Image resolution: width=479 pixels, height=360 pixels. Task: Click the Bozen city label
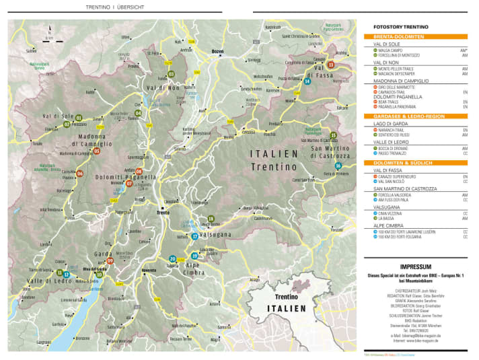coord(217,51)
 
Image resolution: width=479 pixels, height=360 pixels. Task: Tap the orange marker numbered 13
coord(330,65)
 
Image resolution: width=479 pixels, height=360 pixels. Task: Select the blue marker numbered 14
coord(307,81)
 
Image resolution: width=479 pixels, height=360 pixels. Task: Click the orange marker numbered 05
coord(97,151)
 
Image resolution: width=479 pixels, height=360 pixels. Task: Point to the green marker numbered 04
coord(138,113)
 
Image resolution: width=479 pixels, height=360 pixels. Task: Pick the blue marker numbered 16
coord(338,166)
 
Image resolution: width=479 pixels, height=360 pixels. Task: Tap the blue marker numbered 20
coord(173,259)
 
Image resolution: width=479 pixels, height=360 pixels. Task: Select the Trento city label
coord(162,213)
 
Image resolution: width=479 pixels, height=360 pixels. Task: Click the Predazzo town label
coord(275,123)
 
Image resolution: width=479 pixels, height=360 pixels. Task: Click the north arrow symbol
coord(49,33)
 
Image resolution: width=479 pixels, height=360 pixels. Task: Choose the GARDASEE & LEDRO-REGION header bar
coord(414,116)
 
